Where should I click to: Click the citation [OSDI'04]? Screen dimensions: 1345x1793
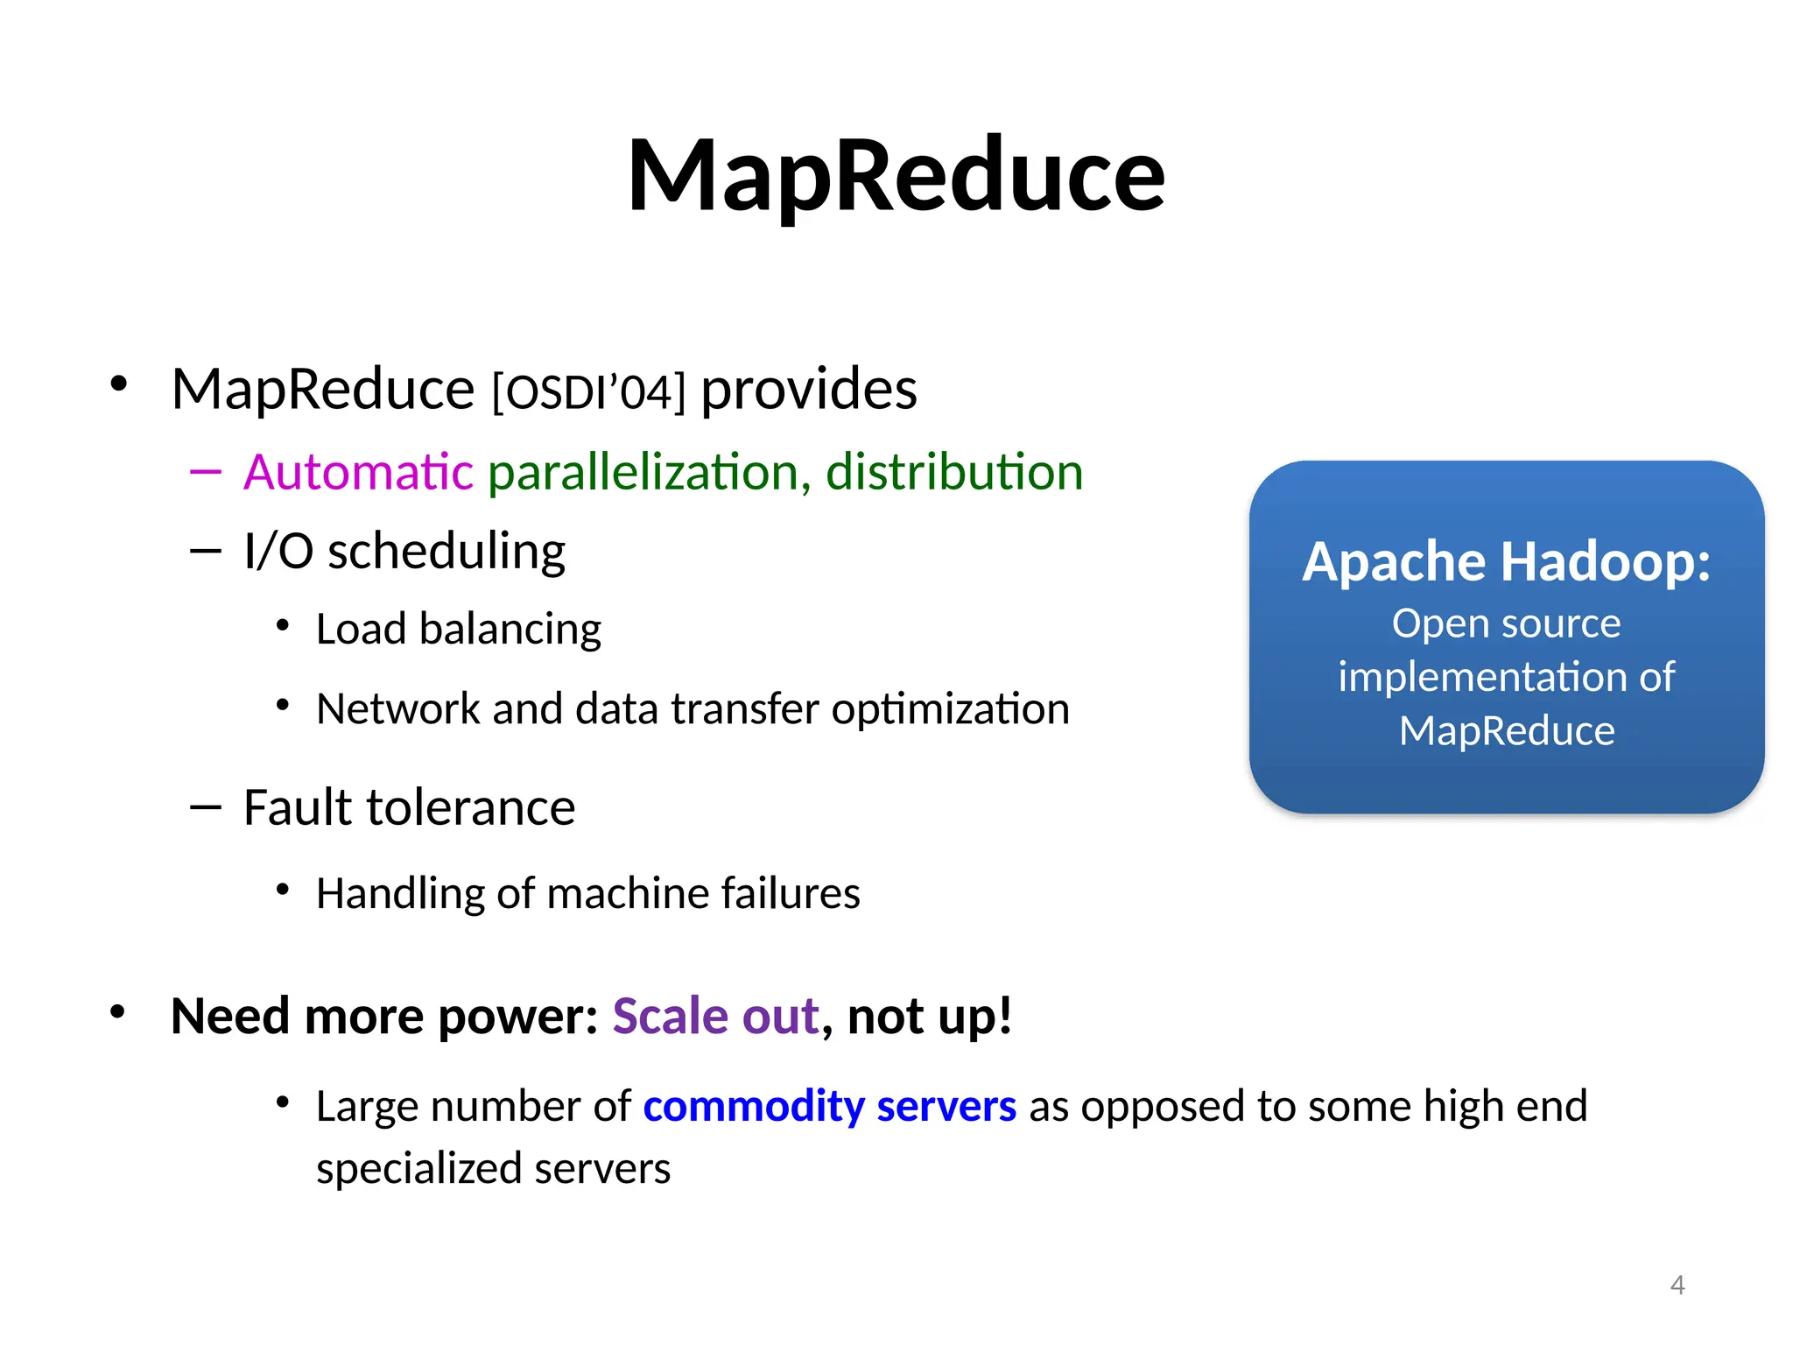[x=588, y=391]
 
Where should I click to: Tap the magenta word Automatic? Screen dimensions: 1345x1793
[x=358, y=472]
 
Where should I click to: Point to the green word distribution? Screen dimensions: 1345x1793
[x=954, y=472]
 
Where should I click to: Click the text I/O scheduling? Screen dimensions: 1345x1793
[x=404, y=551]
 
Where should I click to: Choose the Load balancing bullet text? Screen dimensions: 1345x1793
[x=458, y=629]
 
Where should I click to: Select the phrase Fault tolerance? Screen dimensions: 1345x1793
[x=409, y=806]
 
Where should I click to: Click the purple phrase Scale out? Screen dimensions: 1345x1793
[x=715, y=1016]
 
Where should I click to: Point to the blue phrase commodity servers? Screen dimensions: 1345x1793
[x=829, y=1106]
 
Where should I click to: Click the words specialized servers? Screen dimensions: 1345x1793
[x=493, y=1168]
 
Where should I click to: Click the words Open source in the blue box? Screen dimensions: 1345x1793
[x=1506, y=623]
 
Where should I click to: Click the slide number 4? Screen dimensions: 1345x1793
[x=1677, y=1285]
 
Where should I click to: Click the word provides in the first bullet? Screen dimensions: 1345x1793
[x=808, y=390]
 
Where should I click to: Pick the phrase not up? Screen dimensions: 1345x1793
[x=929, y=1016]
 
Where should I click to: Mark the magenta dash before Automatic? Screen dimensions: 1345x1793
[x=205, y=472]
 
